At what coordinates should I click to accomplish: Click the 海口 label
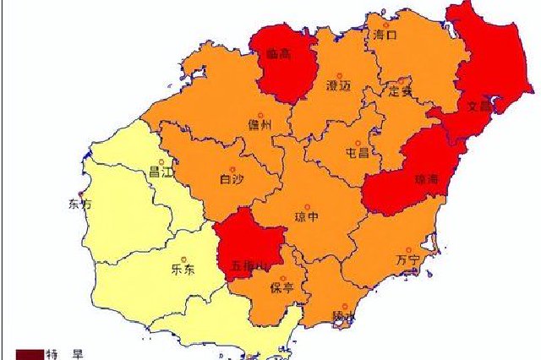tap(385, 35)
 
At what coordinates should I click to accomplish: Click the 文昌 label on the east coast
tap(479, 107)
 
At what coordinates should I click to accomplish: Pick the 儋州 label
tap(260, 125)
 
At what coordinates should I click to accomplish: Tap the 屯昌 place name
tap(358, 153)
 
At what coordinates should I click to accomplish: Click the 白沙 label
tap(231, 177)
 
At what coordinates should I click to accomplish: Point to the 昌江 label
tap(160, 172)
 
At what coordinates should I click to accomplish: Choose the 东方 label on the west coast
tap(79, 204)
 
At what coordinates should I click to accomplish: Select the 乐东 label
tap(183, 270)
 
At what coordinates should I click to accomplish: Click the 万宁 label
tap(407, 259)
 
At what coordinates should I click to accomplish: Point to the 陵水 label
tap(343, 315)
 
